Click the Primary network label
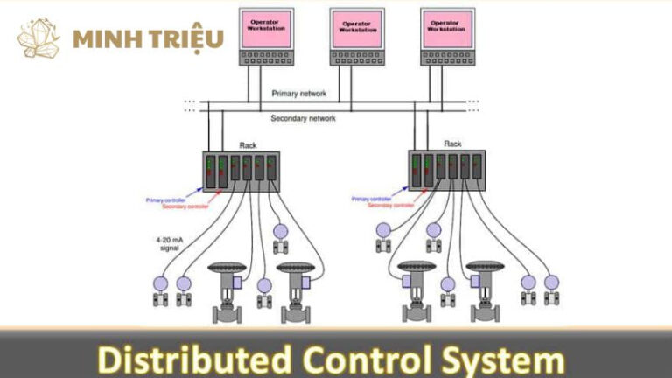[299, 93]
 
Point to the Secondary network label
[303, 118]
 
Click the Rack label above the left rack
[248, 145]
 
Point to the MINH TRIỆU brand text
[149, 38]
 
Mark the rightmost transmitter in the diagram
[551, 290]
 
